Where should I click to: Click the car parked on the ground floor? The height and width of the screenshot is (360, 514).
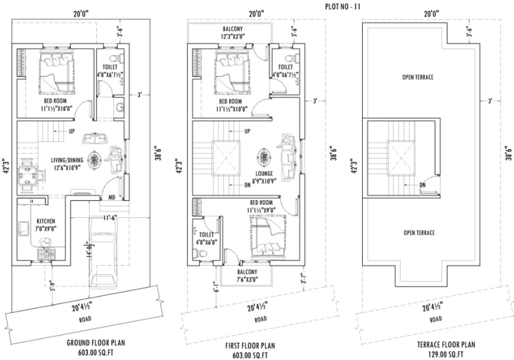[x=103, y=254]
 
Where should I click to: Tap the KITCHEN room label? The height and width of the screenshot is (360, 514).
[x=46, y=221]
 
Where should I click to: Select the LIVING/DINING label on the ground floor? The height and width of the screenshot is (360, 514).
[x=67, y=160]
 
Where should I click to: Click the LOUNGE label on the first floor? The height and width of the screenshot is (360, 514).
[x=265, y=173]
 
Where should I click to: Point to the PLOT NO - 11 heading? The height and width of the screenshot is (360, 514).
[x=343, y=7]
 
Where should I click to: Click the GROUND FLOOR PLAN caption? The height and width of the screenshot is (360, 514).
[x=96, y=343]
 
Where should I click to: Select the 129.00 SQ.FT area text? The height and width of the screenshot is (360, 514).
[x=446, y=354]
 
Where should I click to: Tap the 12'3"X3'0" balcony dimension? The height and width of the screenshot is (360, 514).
[x=232, y=37]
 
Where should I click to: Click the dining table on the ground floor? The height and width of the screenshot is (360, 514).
[x=29, y=175]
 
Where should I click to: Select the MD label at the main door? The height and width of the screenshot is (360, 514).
[x=112, y=197]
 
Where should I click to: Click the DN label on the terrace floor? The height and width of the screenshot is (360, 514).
[x=423, y=185]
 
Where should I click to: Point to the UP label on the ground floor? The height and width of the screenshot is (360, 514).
[x=72, y=131]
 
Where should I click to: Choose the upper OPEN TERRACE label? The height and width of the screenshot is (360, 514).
[x=417, y=77]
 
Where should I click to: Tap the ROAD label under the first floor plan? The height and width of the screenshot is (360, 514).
[x=261, y=319]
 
